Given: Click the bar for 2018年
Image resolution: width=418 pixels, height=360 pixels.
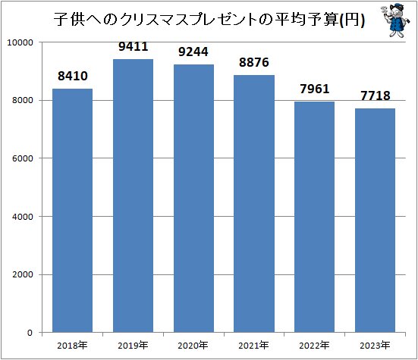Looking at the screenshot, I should pos(72,211).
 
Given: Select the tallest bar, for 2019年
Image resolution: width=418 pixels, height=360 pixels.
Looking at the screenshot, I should pos(133,196).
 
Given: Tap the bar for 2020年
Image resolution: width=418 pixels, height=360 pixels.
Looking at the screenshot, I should pos(193,199).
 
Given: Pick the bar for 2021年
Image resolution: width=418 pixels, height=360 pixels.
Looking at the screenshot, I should pos(254,204).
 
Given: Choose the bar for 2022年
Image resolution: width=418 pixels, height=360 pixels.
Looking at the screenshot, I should pos(315,217).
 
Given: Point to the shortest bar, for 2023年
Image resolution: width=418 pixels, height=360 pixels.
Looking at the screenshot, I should pos(376,221).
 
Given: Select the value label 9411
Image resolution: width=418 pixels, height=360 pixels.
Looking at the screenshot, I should pos(134,47).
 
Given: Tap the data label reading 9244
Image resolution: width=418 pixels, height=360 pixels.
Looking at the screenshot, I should pos(193,52).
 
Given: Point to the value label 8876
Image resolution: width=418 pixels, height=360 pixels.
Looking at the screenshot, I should pos(254,62).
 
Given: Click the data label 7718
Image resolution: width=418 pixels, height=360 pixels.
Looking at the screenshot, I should pos(376,96).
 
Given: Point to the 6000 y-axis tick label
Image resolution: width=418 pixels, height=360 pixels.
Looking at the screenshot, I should pos(24,158).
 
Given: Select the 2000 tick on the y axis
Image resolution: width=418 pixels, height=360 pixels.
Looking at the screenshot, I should pos(24,274).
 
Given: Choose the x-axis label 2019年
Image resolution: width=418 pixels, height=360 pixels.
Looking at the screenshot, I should pos(133,346).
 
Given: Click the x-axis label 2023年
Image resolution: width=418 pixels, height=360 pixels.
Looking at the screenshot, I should pos(376,346).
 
